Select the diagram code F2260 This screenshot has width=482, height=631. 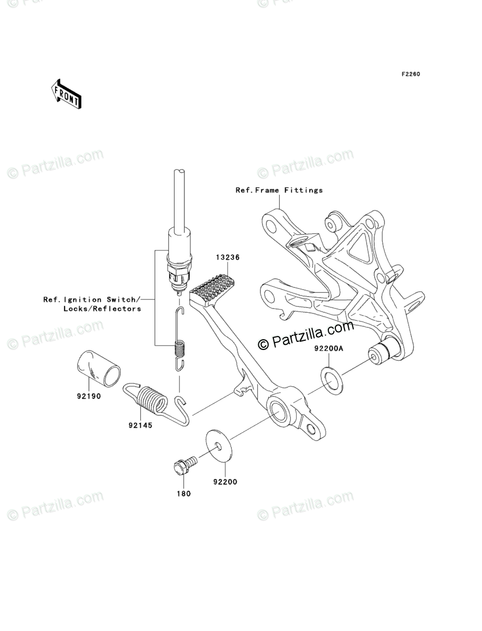coord(410,74)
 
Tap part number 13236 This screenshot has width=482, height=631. coord(229,258)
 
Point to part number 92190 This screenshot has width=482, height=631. coord(88,395)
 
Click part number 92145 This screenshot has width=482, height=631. coord(140,425)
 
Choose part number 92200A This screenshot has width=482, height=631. coord(328,349)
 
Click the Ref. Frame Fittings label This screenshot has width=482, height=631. coord(279,190)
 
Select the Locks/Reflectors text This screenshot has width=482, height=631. coord(102,308)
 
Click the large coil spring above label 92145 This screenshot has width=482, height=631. coord(152,401)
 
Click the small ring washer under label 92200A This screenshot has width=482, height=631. coord(329,378)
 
